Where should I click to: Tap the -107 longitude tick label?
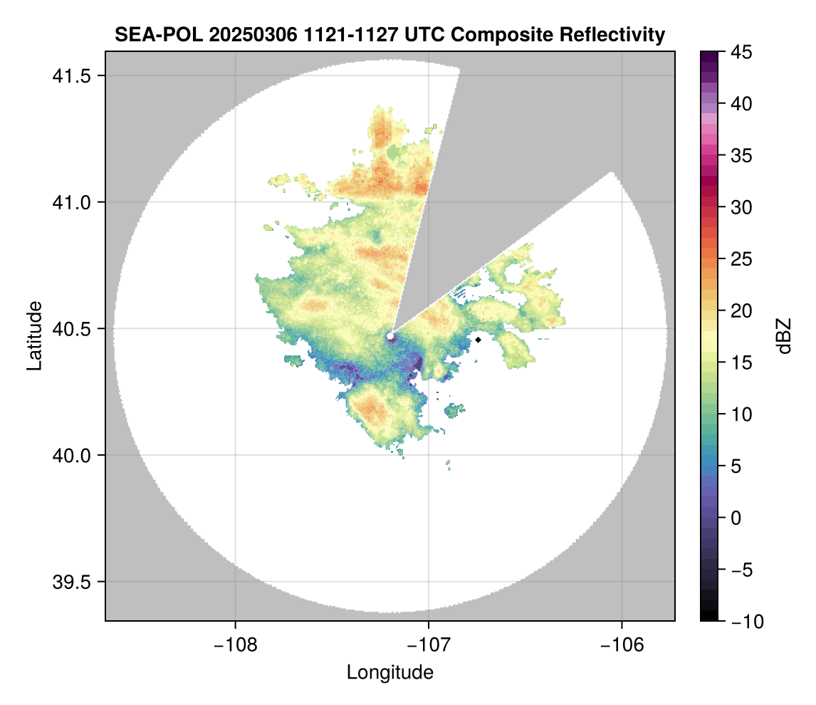(x=429, y=644)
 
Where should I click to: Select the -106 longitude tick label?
(x=622, y=644)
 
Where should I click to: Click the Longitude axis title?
(x=389, y=672)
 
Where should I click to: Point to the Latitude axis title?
(x=34, y=335)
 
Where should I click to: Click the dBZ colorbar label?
(x=784, y=336)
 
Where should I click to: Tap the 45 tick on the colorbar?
(x=741, y=52)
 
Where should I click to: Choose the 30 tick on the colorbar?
(x=741, y=207)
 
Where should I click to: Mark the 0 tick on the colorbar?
(x=738, y=518)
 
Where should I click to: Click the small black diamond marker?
(x=478, y=340)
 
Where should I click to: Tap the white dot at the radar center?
(x=390, y=335)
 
